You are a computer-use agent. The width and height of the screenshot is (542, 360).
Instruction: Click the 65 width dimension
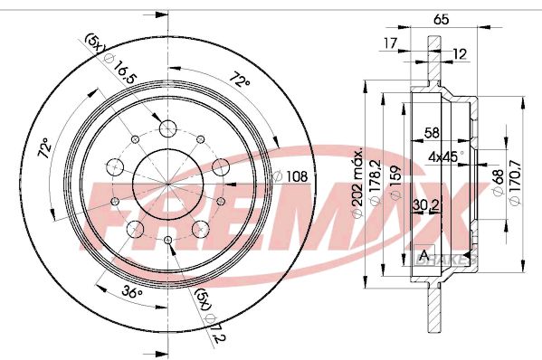(442, 18)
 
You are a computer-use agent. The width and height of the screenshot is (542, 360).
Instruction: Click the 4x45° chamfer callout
(445, 156)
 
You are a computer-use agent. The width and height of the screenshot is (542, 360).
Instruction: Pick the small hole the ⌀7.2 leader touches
(169, 239)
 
